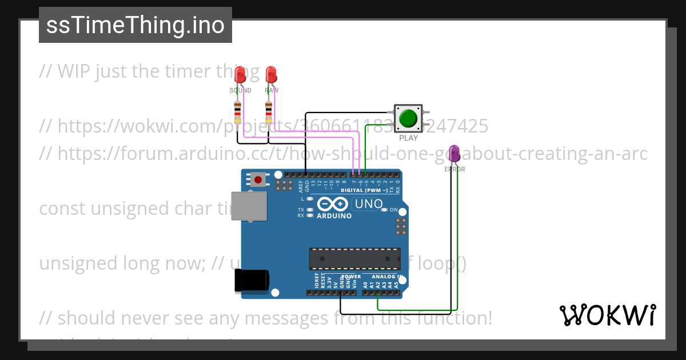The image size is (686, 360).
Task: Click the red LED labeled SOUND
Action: point(240,74)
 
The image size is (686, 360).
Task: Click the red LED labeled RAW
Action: point(270,74)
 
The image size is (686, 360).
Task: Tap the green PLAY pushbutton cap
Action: point(408,118)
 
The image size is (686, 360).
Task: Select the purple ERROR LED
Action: point(454,153)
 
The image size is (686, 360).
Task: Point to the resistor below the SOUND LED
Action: point(238,112)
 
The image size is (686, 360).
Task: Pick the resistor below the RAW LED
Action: point(269,112)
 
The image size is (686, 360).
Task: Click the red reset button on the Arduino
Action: point(258,180)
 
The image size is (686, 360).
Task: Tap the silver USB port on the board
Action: point(250,206)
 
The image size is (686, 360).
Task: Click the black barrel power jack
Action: point(252,281)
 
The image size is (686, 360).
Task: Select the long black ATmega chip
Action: point(355,258)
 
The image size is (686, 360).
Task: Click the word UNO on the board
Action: point(369,204)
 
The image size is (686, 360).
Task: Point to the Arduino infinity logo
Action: point(332,204)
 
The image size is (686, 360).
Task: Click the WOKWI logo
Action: point(607,315)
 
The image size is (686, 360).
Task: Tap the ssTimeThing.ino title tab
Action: point(135,25)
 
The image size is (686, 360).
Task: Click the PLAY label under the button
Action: point(408,138)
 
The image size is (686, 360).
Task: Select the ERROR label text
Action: point(454,169)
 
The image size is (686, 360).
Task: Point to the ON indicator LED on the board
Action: point(385,210)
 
